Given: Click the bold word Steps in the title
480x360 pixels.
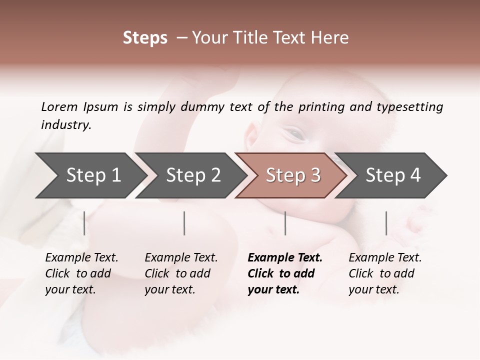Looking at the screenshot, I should tap(145, 38).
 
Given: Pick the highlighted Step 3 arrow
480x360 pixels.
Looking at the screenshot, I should tap(293, 175).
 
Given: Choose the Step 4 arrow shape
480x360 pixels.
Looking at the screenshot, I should tap(393, 175).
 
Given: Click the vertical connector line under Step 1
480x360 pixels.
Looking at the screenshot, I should tap(84, 223).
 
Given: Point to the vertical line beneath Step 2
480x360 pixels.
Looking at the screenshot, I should tap(184, 223).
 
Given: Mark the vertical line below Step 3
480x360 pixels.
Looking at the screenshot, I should tap(285, 223).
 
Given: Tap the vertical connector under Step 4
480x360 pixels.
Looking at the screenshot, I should tap(386, 223).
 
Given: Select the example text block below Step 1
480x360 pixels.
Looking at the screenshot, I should tap(81, 273).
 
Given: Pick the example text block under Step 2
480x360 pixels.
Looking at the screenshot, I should tap(181, 273).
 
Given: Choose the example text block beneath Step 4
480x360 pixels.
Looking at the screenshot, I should tap(385, 273).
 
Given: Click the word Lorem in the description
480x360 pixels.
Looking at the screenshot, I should tap(59, 106).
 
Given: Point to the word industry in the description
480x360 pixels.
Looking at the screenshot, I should tap(66, 125).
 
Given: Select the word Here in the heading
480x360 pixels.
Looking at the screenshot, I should tap(330, 38).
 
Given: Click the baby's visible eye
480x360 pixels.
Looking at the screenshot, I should tap(295, 133).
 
